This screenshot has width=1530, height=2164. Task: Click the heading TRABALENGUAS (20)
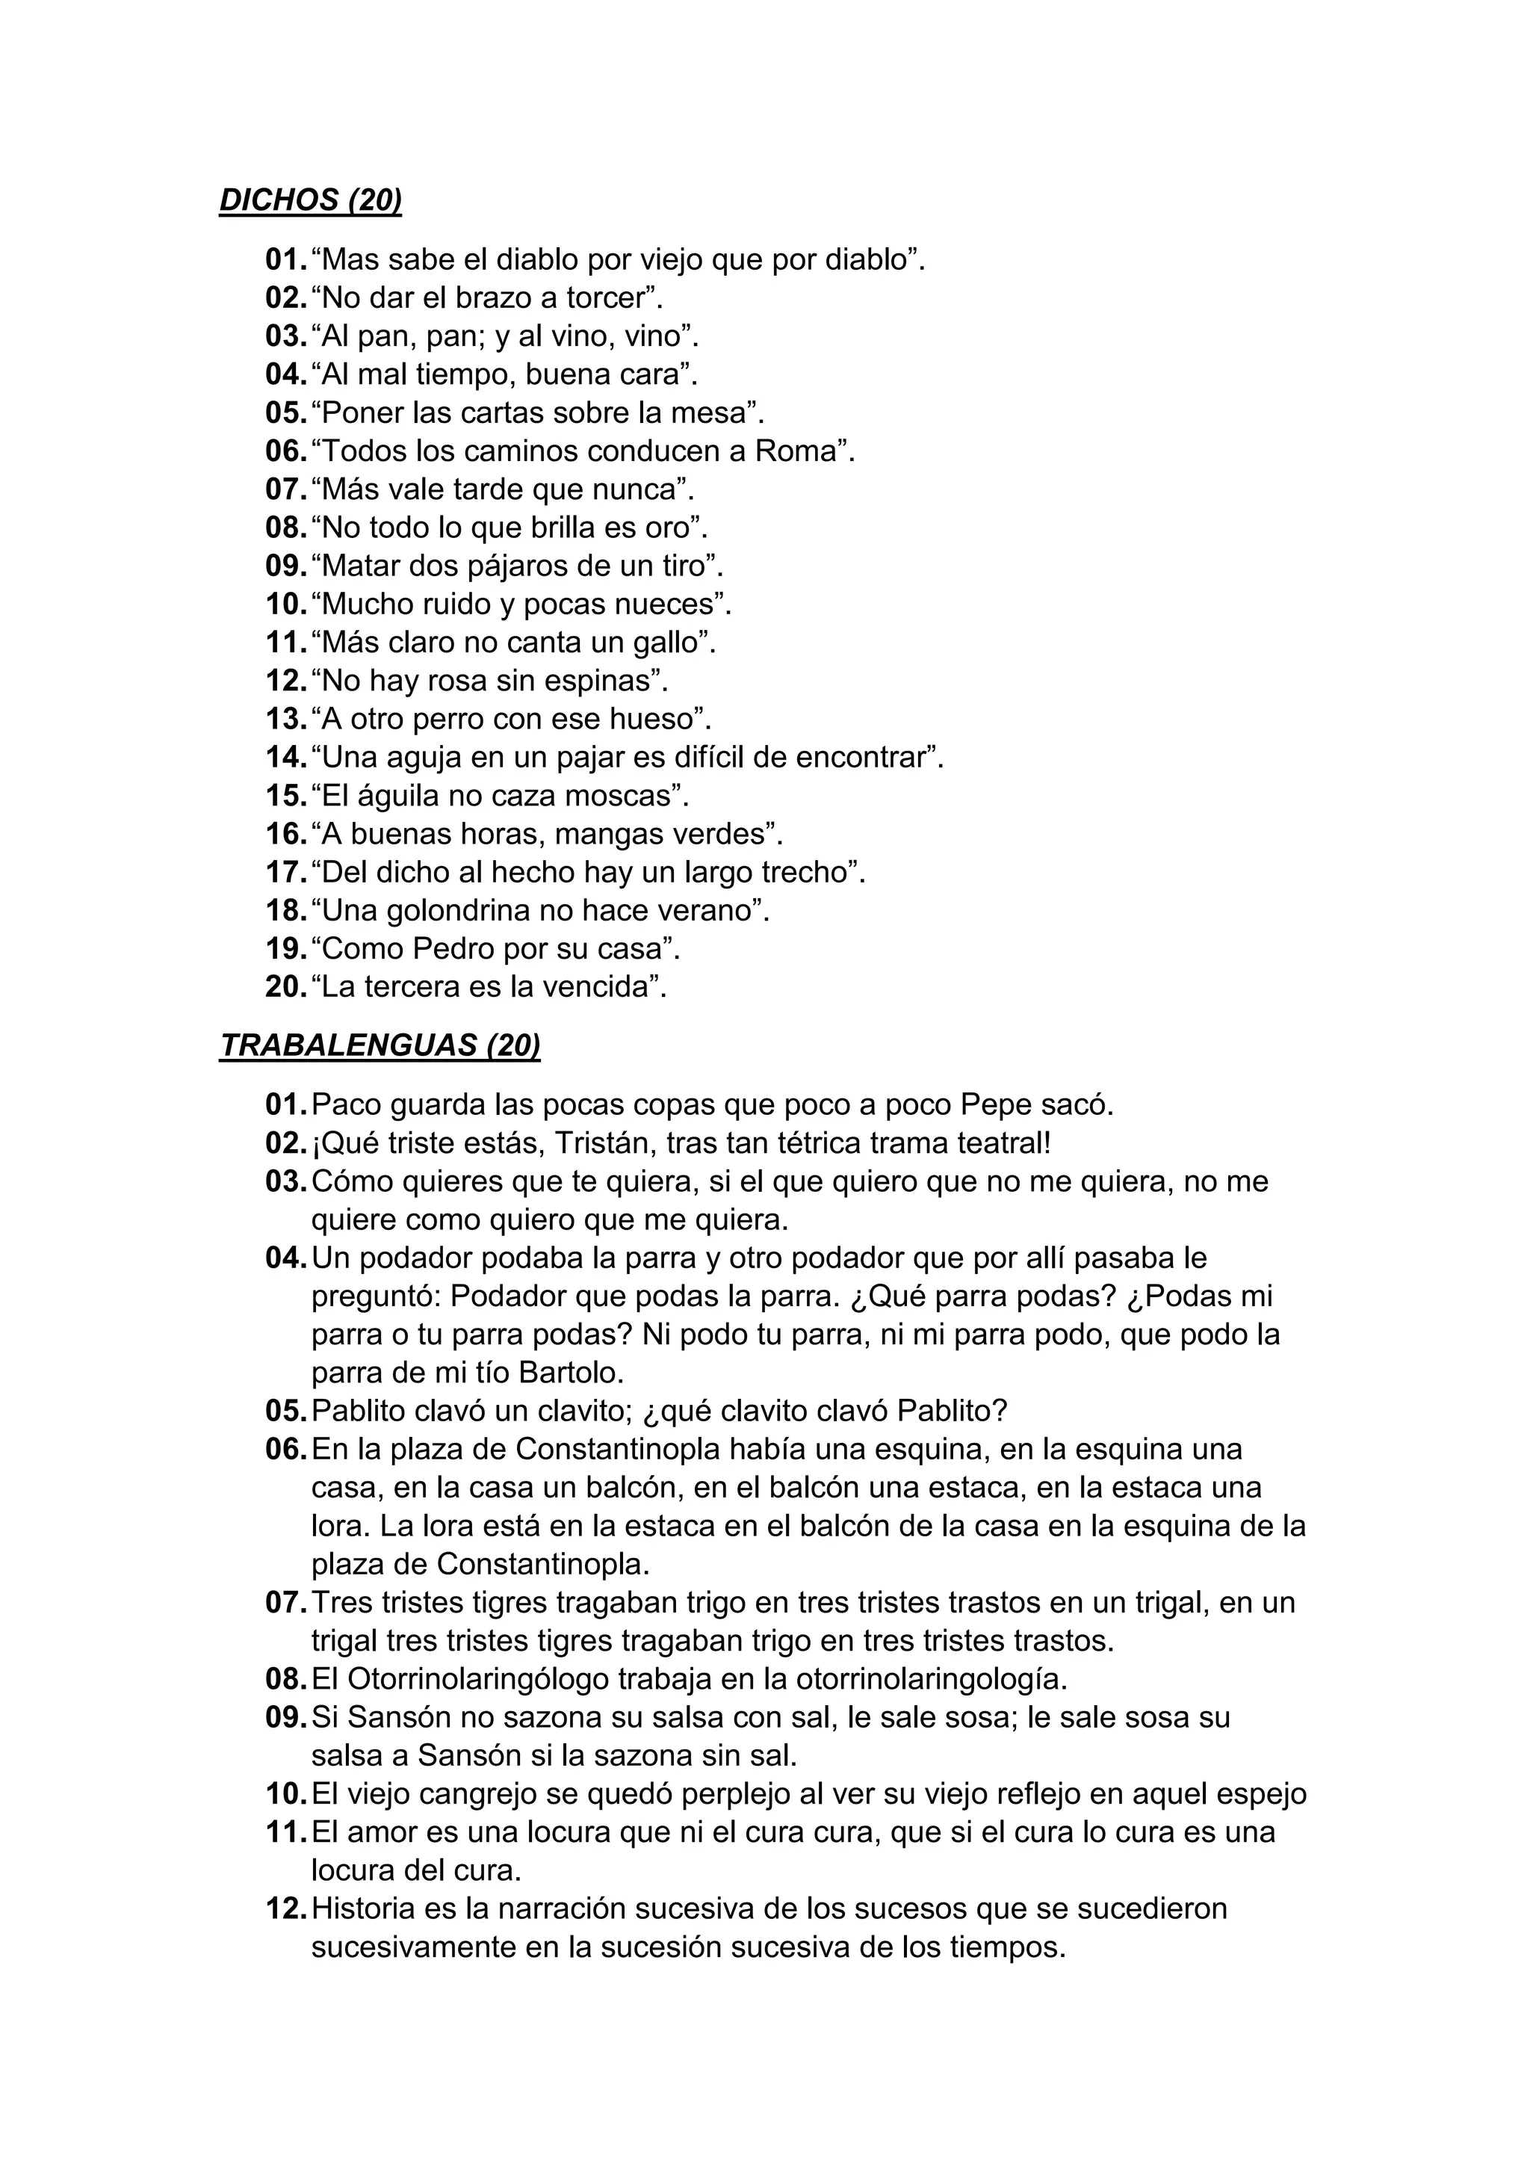[x=380, y=1045]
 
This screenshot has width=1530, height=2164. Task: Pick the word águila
[x=394, y=797]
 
